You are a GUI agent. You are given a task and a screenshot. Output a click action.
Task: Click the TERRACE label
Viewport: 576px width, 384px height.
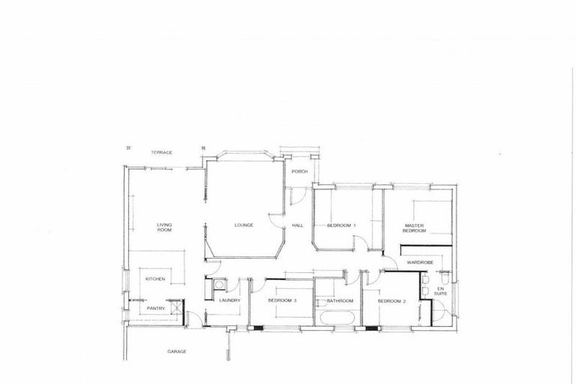pyautogui.click(x=161, y=152)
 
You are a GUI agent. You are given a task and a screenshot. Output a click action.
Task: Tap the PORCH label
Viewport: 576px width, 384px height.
pyautogui.click(x=300, y=172)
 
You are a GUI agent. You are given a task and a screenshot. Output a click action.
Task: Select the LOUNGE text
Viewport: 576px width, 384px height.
pyautogui.click(x=244, y=225)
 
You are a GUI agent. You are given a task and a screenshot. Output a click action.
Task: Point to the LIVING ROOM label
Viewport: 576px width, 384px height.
pyautogui.click(x=164, y=227)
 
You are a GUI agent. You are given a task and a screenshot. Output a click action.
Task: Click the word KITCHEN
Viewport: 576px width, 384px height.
pyautogui.click(x=155, y=279)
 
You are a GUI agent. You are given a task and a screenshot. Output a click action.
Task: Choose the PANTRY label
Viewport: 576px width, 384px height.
pyautogui.click(x=155, y=307)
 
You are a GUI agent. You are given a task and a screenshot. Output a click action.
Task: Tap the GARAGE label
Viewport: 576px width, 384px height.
pyautogui.click(x=177, y=351)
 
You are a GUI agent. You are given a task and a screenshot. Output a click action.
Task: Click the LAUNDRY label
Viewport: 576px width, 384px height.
pyautogui.click(x=229, y=301)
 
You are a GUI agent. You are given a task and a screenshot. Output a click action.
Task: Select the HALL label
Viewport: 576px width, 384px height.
pyautogui.click(x=297, y=225)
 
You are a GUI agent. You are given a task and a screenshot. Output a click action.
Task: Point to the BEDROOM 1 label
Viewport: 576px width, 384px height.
pyautogui.click(x=341, y=225)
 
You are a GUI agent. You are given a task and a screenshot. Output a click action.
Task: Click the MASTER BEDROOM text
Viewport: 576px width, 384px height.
pyautogui.click(x=415, y=227)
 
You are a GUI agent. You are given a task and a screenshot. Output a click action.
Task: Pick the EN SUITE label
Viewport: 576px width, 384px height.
pyautogui.click(x=441, y=291)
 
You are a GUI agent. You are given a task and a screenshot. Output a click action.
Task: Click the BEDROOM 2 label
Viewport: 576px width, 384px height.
pyautogui.click(x=391, y=301)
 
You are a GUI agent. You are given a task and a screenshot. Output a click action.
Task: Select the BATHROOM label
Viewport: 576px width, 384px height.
pyautogui.click(x=340, y=301)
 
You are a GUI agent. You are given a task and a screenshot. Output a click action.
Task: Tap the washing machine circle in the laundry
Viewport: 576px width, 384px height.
pyautogui.click(x=219, y=285)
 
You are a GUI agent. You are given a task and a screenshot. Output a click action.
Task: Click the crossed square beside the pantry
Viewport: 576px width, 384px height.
pyautogui.click(x=176, y=307)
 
